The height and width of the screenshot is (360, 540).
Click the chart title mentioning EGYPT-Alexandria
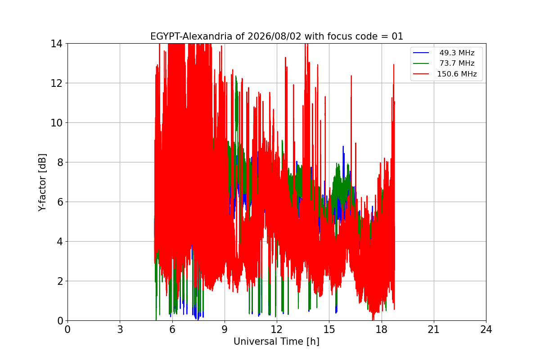pos(276,36)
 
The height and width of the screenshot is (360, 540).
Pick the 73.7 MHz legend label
pos(457,63)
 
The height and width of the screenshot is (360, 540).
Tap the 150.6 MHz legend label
pos(457,74)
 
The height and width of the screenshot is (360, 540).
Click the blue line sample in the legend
pos(421,53)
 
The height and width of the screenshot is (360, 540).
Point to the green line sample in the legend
pos(421,63)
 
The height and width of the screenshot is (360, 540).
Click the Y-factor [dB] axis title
pos(42,182)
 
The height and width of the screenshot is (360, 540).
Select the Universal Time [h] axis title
pos(276,342)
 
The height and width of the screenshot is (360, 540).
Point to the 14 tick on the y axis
pos(56,44)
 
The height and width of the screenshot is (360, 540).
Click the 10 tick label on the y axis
pos(56,123)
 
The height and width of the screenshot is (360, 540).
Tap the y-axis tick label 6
pos(60,202)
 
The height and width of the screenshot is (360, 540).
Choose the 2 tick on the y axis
pos(60,281)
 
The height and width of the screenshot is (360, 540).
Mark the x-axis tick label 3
pos(120,329)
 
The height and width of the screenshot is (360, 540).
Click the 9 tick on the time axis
pos(225,329)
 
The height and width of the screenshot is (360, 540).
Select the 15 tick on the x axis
pos(329,329)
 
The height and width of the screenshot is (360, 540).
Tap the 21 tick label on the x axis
pos(434,329)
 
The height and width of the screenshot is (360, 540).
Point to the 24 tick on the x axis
pos(486,329)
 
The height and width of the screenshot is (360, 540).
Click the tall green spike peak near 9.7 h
pos(236,76)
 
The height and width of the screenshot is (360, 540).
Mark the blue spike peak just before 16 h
pos(343,146)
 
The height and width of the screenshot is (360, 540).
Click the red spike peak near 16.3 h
pos(351,76)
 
